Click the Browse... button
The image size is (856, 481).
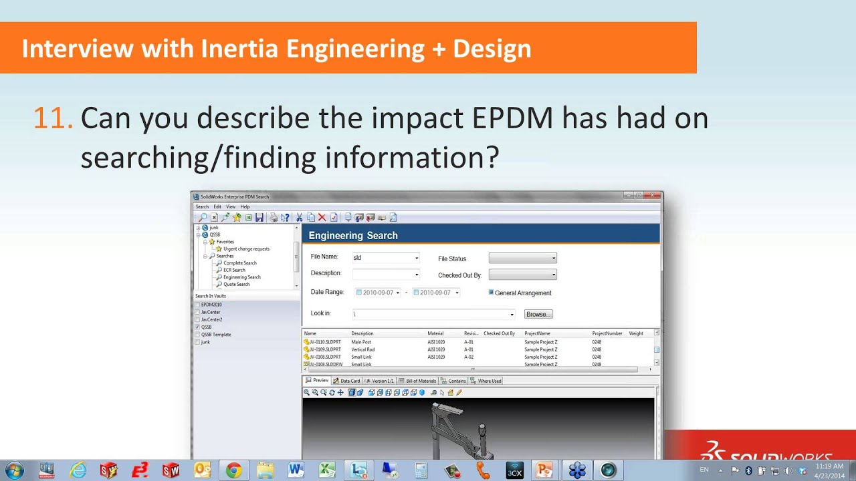(538, 314)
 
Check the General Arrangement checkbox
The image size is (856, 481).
(492, 293)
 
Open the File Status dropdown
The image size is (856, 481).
(522, 258)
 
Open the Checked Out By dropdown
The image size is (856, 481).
(522, 275)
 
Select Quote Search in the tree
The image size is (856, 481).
(236, 284)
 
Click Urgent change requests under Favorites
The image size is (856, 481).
(246, 249)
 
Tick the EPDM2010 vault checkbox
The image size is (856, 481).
(197, 305)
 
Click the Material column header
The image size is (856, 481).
(435, 333)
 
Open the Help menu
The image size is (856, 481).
(245, 207)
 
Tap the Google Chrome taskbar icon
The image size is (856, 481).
(233, 470)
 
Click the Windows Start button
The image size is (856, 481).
(14, 470)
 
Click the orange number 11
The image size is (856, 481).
(52, 118)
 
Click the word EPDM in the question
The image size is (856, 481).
(513, 118)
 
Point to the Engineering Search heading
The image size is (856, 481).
(353, 236)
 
